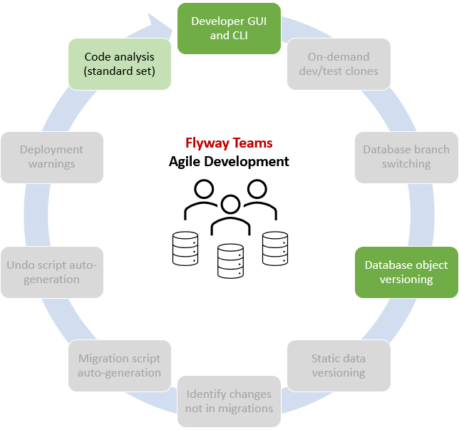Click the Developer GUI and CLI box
click(228, 28)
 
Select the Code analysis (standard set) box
click(120, 63)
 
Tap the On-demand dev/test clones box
click(339, 63)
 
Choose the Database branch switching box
click(406, 156)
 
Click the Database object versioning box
click(406, 272)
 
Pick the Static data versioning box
click(339, 365)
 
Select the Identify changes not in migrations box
click(229, 401)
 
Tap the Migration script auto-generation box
click(120, 365)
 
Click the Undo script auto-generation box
click(51, 272)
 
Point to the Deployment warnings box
click(51, 156)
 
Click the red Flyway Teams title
click(229, 143)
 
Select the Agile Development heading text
click(229, 161)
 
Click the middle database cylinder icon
click(229, 260)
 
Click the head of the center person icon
click(229, 205)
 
